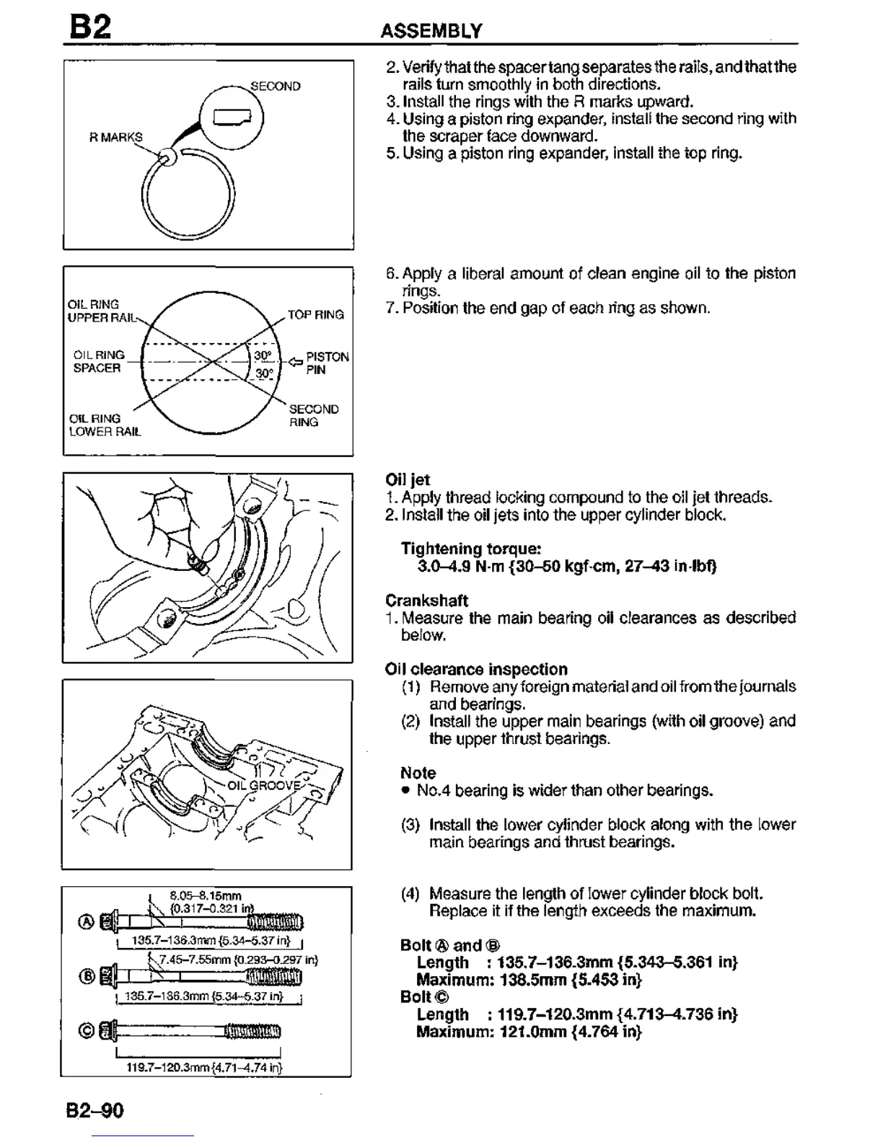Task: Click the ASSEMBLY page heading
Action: (431, 31)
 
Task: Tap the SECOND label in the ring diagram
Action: (275, 87)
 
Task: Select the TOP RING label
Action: (316, 315)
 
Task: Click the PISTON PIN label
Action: (327, 363)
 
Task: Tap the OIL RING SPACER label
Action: (97, 361)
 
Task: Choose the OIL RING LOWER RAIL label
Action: (105, 425)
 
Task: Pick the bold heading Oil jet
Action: (408, 480)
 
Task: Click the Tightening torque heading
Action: (471, 549)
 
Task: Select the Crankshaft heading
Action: (426, 601)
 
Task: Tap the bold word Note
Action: (418, 773)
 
